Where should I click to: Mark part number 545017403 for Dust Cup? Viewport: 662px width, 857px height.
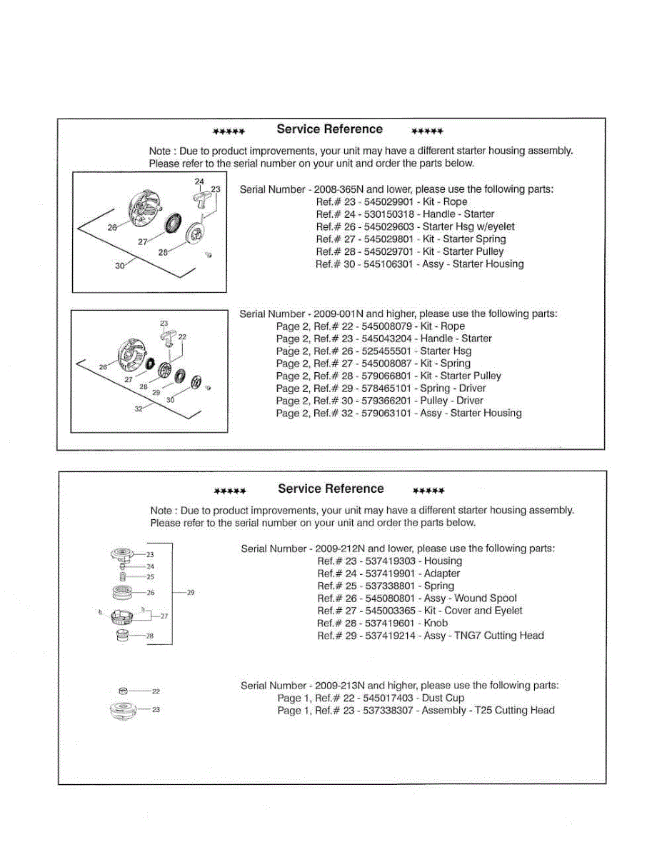click(x=388, y=698)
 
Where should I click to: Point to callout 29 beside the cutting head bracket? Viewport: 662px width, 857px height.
click(x=190, y=592)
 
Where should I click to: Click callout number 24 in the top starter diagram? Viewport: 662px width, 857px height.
click(x=199, y=181)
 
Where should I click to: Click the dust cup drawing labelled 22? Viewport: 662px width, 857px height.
click(x=123, y=691)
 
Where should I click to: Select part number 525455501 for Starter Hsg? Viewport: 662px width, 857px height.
click(x=388, y=351)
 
